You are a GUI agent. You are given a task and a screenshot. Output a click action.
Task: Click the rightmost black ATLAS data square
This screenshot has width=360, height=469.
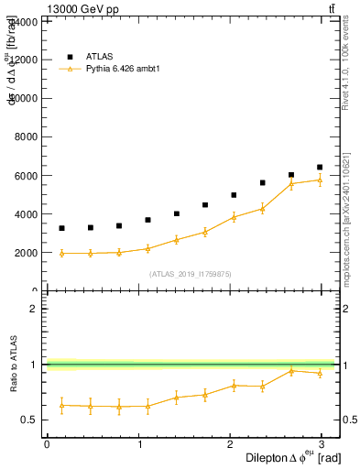click(320, 168)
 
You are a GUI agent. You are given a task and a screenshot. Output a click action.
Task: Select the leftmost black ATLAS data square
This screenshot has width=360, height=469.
click(61, 228)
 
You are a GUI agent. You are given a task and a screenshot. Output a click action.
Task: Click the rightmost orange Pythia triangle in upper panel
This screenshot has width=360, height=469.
click(320, 180)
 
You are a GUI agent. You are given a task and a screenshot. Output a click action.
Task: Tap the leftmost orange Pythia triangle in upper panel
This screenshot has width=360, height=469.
click(61, 253)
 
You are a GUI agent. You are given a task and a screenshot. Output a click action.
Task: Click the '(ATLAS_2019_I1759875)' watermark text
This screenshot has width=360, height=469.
click(190, 273)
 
